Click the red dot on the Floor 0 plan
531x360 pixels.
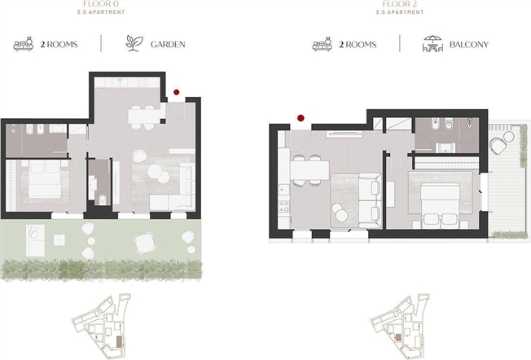[x=176, y=92]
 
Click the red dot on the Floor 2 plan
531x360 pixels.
[x=301, y=118]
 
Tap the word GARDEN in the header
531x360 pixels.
[x=168, y=44]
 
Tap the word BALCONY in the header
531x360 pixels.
[x=468, y=44]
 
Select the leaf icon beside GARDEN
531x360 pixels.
[x=134, y=43]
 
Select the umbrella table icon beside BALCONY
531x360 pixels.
[x=432, y=44]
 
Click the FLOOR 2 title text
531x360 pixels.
[x=400, y=4]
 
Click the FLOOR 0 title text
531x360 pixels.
[x=101, y=4]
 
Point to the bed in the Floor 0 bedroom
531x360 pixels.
[x=45, y=179]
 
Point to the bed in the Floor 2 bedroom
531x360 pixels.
[x=440, y=204]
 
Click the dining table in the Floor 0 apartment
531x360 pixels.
[x=144, y=116]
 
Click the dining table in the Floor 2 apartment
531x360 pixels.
[x=309, y=170]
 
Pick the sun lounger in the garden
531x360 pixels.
[x=35, y=240]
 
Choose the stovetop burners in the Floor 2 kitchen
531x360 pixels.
[x=283, y=206]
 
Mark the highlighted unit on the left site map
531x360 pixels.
[x=119, y=341]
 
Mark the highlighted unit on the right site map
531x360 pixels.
[x=398, y=337]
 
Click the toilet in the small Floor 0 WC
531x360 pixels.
[x=103, y=200]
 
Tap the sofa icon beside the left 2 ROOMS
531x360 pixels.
[x=24, y=44]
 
